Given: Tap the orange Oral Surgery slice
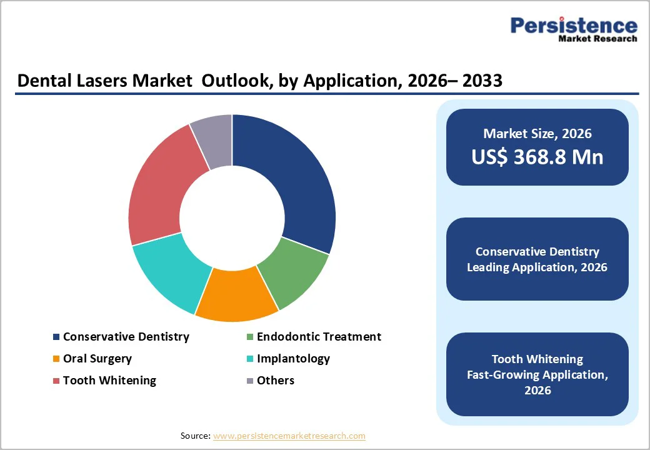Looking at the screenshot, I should pyautogui.click(x=236, y=294).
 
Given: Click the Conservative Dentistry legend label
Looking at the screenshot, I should pyautogui.click(x=126, y=337).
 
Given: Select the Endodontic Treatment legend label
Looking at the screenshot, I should pyautogui.click(x=319, y=337).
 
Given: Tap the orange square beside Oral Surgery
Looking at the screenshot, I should pyautogui.click(x=56, y=359).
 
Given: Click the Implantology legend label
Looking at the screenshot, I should pyautogui.click(x=293, y=359).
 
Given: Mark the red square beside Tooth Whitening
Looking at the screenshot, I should pyautogui.click(x=56, y=381).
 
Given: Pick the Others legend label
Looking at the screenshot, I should pyautogui.click(x=276, y=381).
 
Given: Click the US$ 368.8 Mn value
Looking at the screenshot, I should pyautogui.click(x=537, y=157).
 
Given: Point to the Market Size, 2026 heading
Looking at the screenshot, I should pyautogui.click(x=537, y=133).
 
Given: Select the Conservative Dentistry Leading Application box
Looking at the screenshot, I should pyautogui.click(x=537, y=259).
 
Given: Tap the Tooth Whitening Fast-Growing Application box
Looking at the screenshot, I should pyautogui.click(x=537, y=374).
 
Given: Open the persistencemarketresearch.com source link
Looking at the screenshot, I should pyautogui.click(x=289, y=436).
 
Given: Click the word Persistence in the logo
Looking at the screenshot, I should pyautogui.click(x=574, y=26).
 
